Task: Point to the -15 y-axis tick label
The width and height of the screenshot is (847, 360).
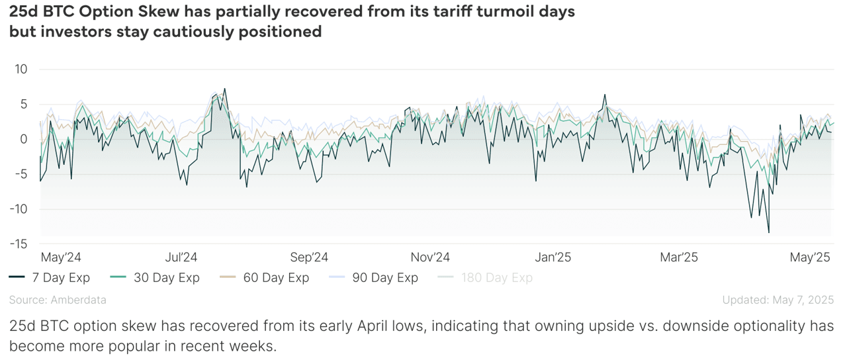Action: pyautogui.click(x=18, y=244)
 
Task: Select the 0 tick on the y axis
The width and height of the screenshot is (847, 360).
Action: pyautogui.click(x=24, y=139)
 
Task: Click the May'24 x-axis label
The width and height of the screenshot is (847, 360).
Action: pyautogui.click(x=61, y=257)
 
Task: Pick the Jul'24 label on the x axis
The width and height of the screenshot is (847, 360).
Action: pyautogui.click(x=181, y=257)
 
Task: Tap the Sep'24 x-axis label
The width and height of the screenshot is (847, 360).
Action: pyautogui.click(x=310, y=257)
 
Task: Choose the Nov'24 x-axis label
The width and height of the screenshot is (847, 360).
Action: pyautogui.click(x=431, y=257)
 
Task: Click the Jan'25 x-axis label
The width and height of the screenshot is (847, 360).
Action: pyautogui.click(x=553, y=257)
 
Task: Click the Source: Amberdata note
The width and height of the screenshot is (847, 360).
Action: pyautogui.click(x=58, y=300)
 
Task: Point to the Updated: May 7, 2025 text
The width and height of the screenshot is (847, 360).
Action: pyautogui.click(x=778, y=300)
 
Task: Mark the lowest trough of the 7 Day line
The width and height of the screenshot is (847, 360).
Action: pyautogui.click(x=768, y=232)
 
